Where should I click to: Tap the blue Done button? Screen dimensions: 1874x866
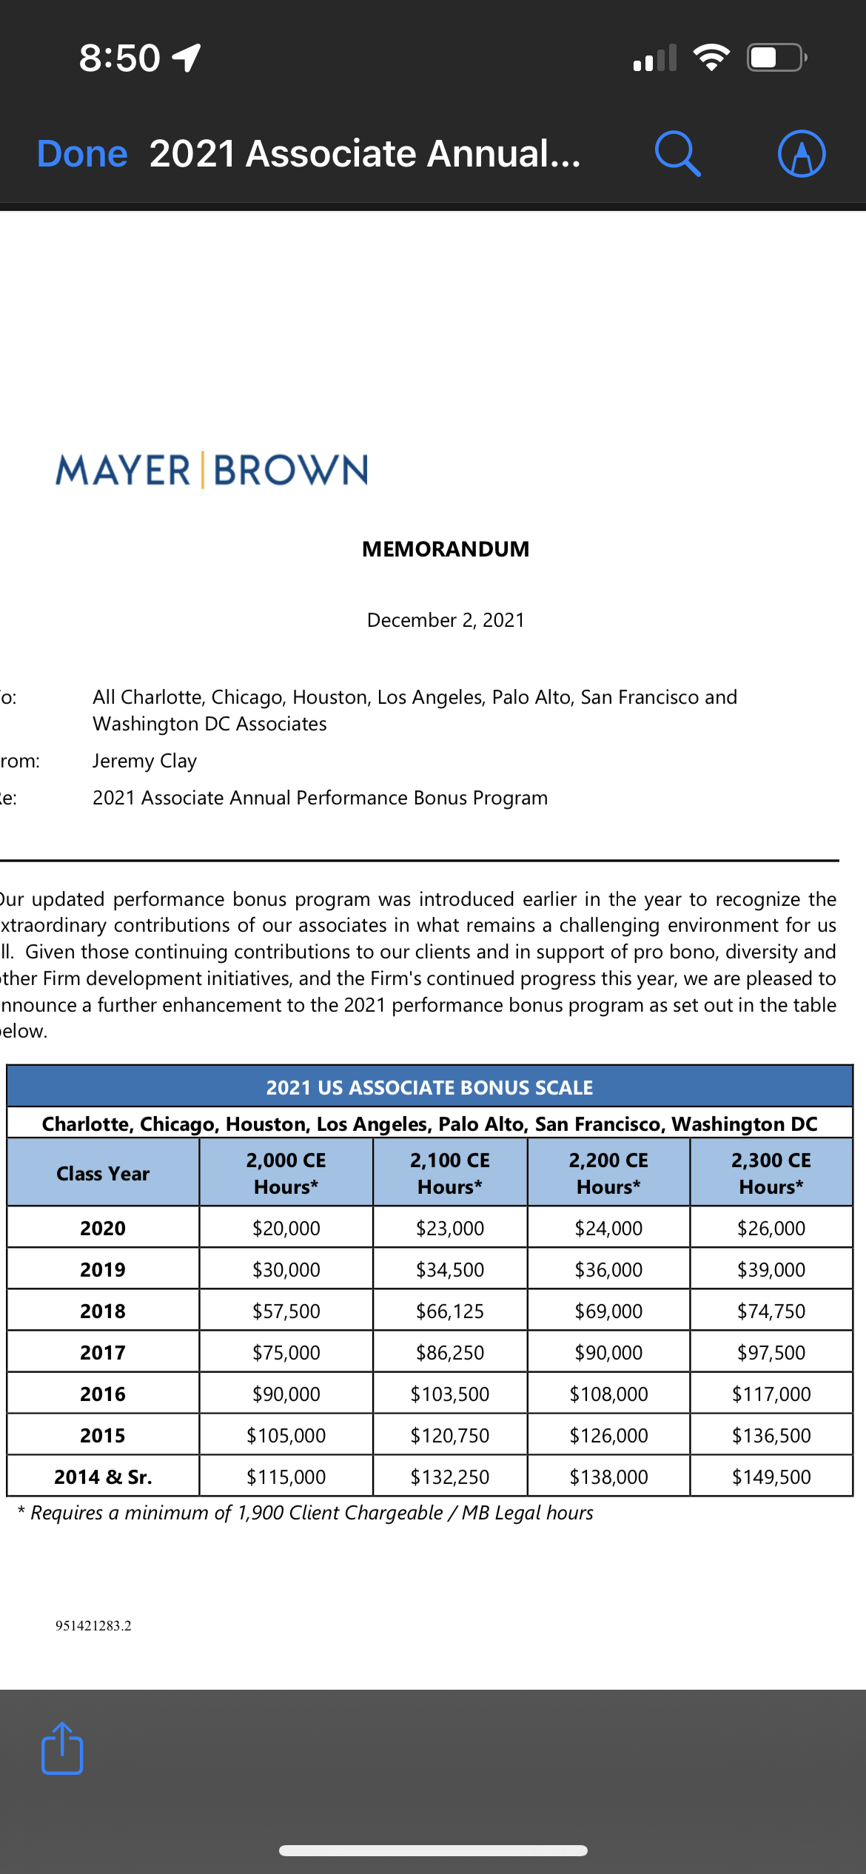(82, 154)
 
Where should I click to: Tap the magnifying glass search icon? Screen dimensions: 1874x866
(677, 154)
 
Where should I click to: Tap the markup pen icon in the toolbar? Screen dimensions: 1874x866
(802, 154)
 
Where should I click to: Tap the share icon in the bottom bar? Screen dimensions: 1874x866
(62, 1748)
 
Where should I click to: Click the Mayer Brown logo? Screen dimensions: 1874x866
(212, 470)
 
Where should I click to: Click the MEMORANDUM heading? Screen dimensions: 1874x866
(446, 549)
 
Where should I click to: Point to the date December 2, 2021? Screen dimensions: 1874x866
(446, 620)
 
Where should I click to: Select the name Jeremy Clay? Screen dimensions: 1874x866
(145, 761)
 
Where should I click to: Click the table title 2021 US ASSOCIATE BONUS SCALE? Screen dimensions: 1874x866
(429, 1087)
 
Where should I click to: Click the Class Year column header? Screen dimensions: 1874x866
(103, 1174)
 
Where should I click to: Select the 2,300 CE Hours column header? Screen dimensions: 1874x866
(771, 1174)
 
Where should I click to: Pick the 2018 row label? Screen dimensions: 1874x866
(103, 1312)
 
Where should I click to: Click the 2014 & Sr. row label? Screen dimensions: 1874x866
(103, 1477)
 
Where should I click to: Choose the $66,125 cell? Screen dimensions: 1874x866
(450, 1312)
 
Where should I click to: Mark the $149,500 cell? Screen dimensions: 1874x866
(771, 1477)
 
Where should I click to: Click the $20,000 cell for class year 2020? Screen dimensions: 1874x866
(286, 1229)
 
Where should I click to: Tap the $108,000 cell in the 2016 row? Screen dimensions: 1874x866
(608, 1394)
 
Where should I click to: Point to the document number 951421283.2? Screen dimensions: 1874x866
(93, 1626)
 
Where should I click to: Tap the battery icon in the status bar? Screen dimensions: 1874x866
(776, 58)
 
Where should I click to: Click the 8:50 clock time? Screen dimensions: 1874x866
(120, 58)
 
